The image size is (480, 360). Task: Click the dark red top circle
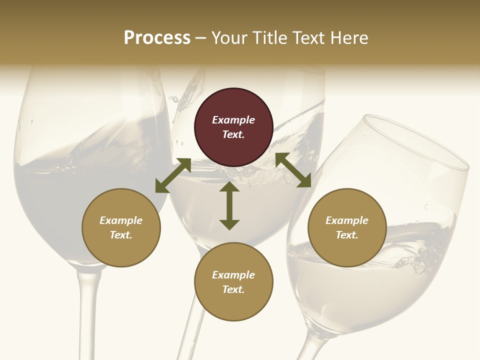[x=233, y=127]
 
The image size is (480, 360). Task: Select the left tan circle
[x=121, y=227]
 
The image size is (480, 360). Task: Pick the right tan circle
[x=347, y=227]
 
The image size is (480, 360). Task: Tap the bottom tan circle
[x=233, y=282]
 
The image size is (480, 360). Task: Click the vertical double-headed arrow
[x=229, y=205]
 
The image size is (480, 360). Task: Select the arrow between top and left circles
[x=173, y=175]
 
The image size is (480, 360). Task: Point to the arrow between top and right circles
[x=293, y=170]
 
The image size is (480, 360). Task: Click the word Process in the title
[x=157, y=37]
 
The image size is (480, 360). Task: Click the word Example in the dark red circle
[x=233, y=120]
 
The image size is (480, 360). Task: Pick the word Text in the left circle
[x=121, y=235]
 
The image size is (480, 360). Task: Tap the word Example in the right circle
[x=347, y=220]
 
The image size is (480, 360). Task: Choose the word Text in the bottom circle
[x=233, y=289]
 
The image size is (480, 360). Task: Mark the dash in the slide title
[x=201, y=38]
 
